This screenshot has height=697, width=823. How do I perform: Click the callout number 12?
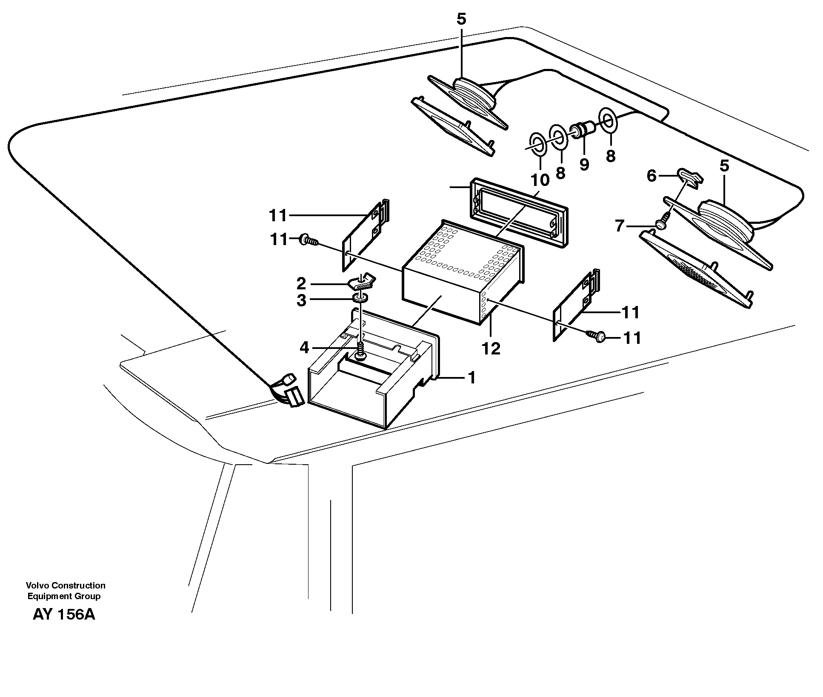click(491, 349)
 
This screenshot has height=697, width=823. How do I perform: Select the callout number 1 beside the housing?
click(471, 377)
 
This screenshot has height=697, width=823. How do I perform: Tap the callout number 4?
click(304, 348)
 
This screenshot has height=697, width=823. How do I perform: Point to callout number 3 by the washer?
click(301, 300)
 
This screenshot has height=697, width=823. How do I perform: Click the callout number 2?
click(301, 283)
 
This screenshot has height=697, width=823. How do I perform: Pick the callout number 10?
click(540, 180)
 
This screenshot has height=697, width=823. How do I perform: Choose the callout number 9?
click(584, 165)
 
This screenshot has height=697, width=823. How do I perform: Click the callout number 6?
click(652, 176)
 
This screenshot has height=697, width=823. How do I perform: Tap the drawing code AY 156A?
click(64, 615)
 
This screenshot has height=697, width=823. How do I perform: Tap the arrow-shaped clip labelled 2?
click(362, 283)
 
